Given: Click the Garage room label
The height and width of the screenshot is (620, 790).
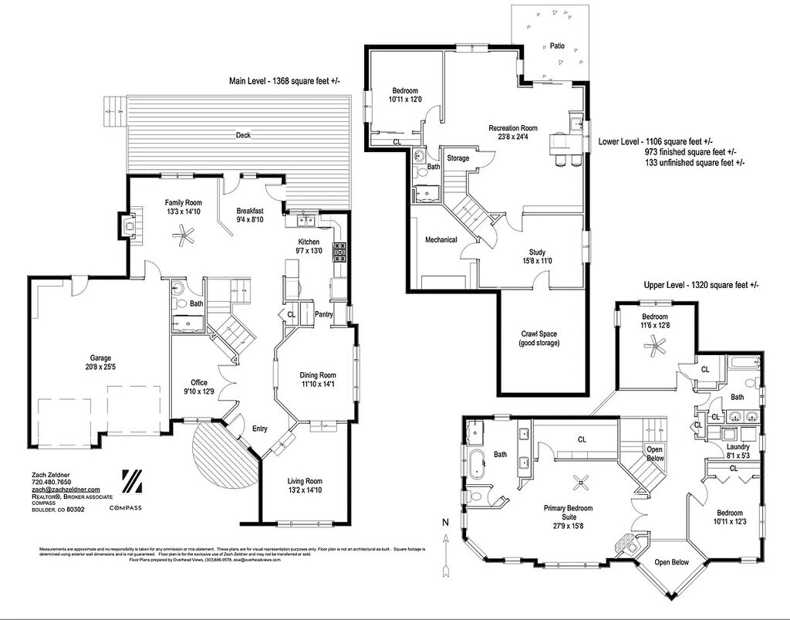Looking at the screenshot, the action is point(100,357).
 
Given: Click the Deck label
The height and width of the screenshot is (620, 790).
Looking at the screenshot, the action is point(244,136).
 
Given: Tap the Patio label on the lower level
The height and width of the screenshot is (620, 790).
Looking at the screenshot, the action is point(557,46).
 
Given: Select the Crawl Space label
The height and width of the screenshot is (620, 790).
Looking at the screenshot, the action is point(538,334).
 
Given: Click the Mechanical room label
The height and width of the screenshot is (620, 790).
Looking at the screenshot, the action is point(441,239).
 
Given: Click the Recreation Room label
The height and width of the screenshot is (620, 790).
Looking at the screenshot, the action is point(513,128).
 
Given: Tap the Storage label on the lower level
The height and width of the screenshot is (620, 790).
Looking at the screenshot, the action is point(458,158).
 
